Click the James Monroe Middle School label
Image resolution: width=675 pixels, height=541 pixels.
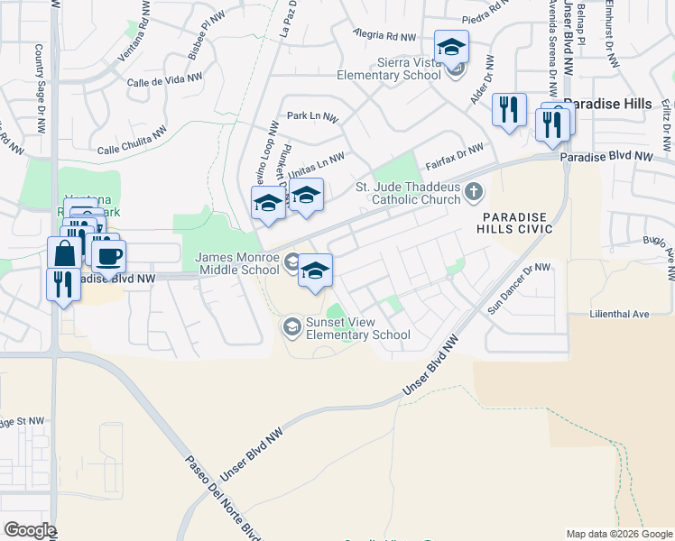coord(237,263)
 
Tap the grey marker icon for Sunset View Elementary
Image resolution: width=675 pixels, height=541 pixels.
coord(292,326)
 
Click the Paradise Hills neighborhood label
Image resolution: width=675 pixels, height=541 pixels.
coord(607,104)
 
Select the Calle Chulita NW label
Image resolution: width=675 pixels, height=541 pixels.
coord(132,141)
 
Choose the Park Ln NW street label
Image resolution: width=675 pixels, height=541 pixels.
coord(312,117)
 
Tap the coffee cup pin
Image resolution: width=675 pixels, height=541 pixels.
coord(108,254)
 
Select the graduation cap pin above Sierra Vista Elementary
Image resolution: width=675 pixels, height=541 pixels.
coord(451,46)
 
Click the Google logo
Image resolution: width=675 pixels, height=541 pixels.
coord(29,531)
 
